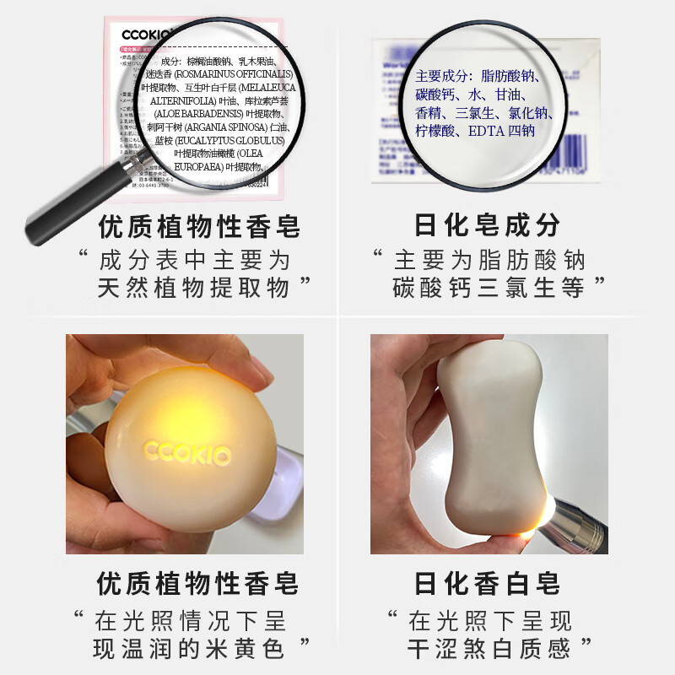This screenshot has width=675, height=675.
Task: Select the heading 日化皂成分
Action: point(488,226)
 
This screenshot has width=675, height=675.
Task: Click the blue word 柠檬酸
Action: point(435,131)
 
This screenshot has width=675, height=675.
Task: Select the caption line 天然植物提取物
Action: point(193,288)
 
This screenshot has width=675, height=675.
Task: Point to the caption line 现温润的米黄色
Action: point(190,648)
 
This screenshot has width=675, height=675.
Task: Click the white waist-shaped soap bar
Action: point(494,439)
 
